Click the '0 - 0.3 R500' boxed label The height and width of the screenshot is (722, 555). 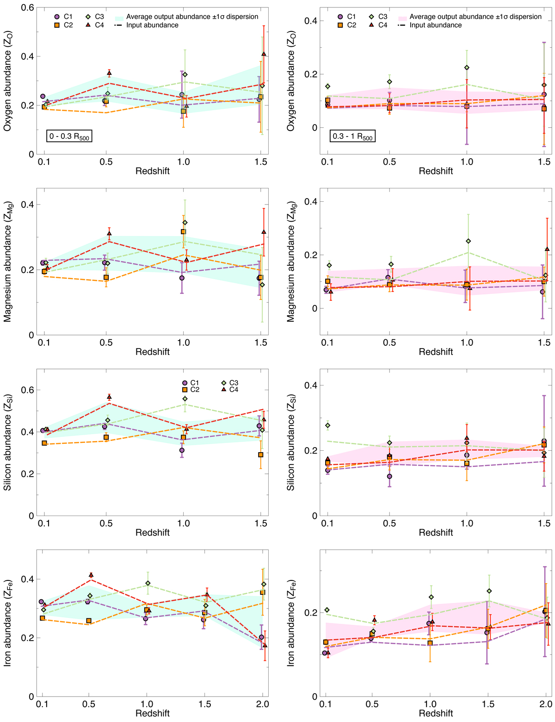click(69, 137)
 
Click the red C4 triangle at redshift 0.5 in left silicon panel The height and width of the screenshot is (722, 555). click(109, 397)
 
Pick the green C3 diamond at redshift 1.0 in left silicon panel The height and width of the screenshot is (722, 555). click(185, 398)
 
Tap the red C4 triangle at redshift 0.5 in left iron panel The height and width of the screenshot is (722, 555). click(91, 575)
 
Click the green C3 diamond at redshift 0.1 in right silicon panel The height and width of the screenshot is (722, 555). click(328, 425)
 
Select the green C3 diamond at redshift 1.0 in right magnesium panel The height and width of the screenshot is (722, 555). click(468, 241)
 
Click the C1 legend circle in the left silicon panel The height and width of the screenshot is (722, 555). click(185, 383)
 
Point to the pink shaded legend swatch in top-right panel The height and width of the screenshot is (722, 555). click(401, 17)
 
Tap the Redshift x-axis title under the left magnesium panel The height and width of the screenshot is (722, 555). click(153, 352)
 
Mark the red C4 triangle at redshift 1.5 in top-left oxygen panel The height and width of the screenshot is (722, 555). click(264, 54)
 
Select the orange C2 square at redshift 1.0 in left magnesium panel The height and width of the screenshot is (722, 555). click(183, 231)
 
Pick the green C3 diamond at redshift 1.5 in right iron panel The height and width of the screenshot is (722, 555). click(489, 591)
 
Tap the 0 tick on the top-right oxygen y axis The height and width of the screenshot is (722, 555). click(314, 128)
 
